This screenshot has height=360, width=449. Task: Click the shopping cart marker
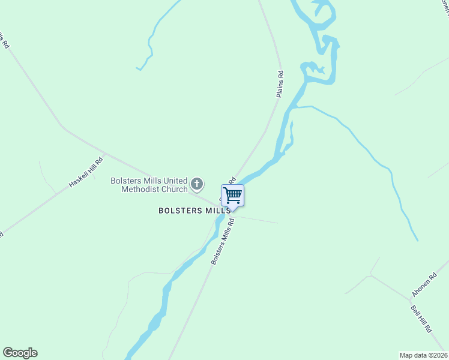[232, 194]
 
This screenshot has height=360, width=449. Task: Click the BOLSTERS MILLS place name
[194, 211]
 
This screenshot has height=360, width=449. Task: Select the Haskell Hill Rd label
[86, 171]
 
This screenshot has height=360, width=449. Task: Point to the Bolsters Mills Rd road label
[222, 242]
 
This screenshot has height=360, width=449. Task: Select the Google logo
[20, 353]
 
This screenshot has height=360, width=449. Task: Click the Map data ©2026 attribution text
[424, 355]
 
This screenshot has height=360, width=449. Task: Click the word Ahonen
[420, 289]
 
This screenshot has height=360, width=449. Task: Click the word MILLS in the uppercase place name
[218, 211]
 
